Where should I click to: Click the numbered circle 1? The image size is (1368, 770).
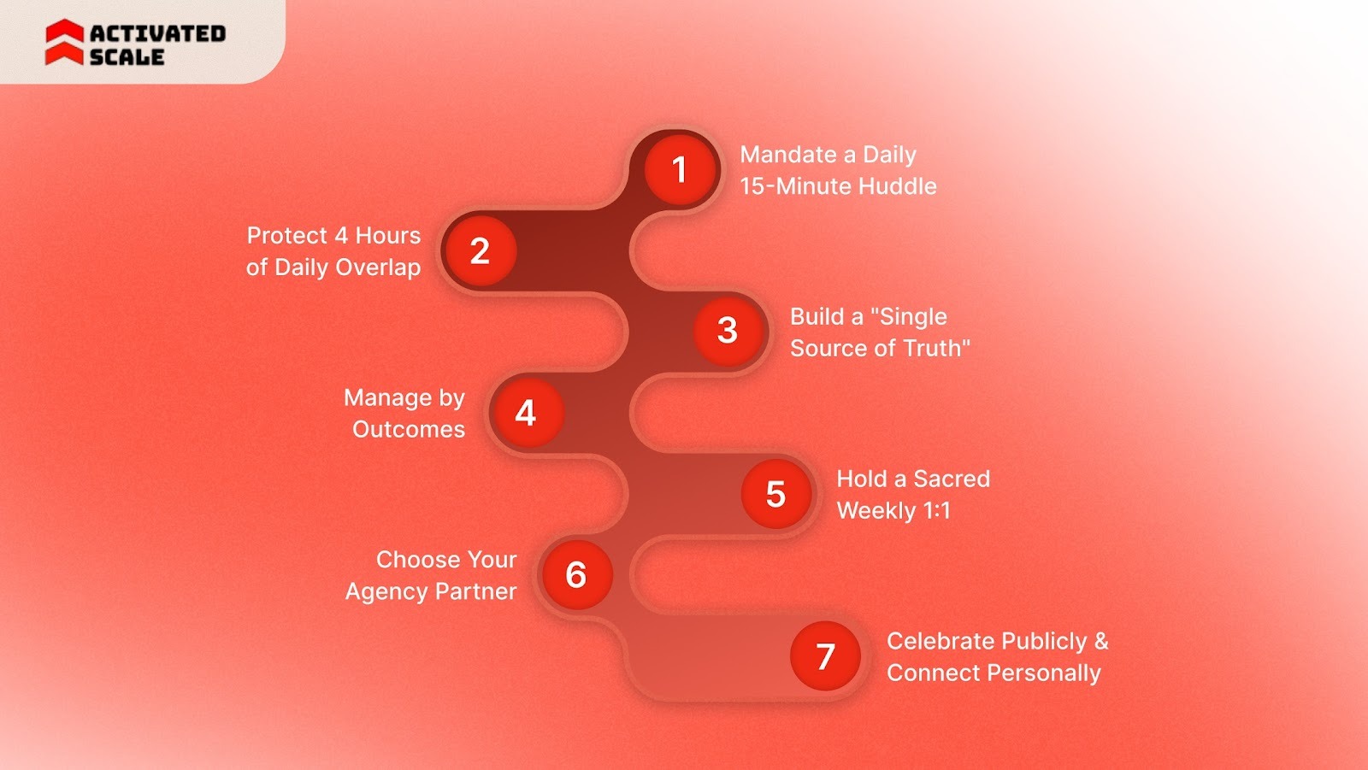click(x=680, y=169)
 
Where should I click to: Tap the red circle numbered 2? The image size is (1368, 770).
click(x=480, y=250)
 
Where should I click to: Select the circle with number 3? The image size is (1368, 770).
click(x=728, y=330)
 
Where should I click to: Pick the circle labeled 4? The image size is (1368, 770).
click(x=526, y=413)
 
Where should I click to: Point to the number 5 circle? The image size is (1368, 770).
click(x=775, y=493)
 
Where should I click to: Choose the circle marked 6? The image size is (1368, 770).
click(x=576, y=574)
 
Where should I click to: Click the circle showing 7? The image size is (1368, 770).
click(x=825, y=656)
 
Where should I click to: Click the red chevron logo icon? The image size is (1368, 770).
click(x=64, y=43)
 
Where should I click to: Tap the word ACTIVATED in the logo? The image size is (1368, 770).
click(x=158, y=33)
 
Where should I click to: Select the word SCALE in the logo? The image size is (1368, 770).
click(x=127, y=57)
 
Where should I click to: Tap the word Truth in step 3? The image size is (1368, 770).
click(x=936, y=348)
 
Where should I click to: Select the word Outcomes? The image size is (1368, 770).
click(x=409, y=429)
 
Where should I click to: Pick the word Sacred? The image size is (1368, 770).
click(x=952, y=479)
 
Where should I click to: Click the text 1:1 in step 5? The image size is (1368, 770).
click(x=936, y=510)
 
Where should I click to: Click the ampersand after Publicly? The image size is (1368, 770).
click(x=1100, y=641)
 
